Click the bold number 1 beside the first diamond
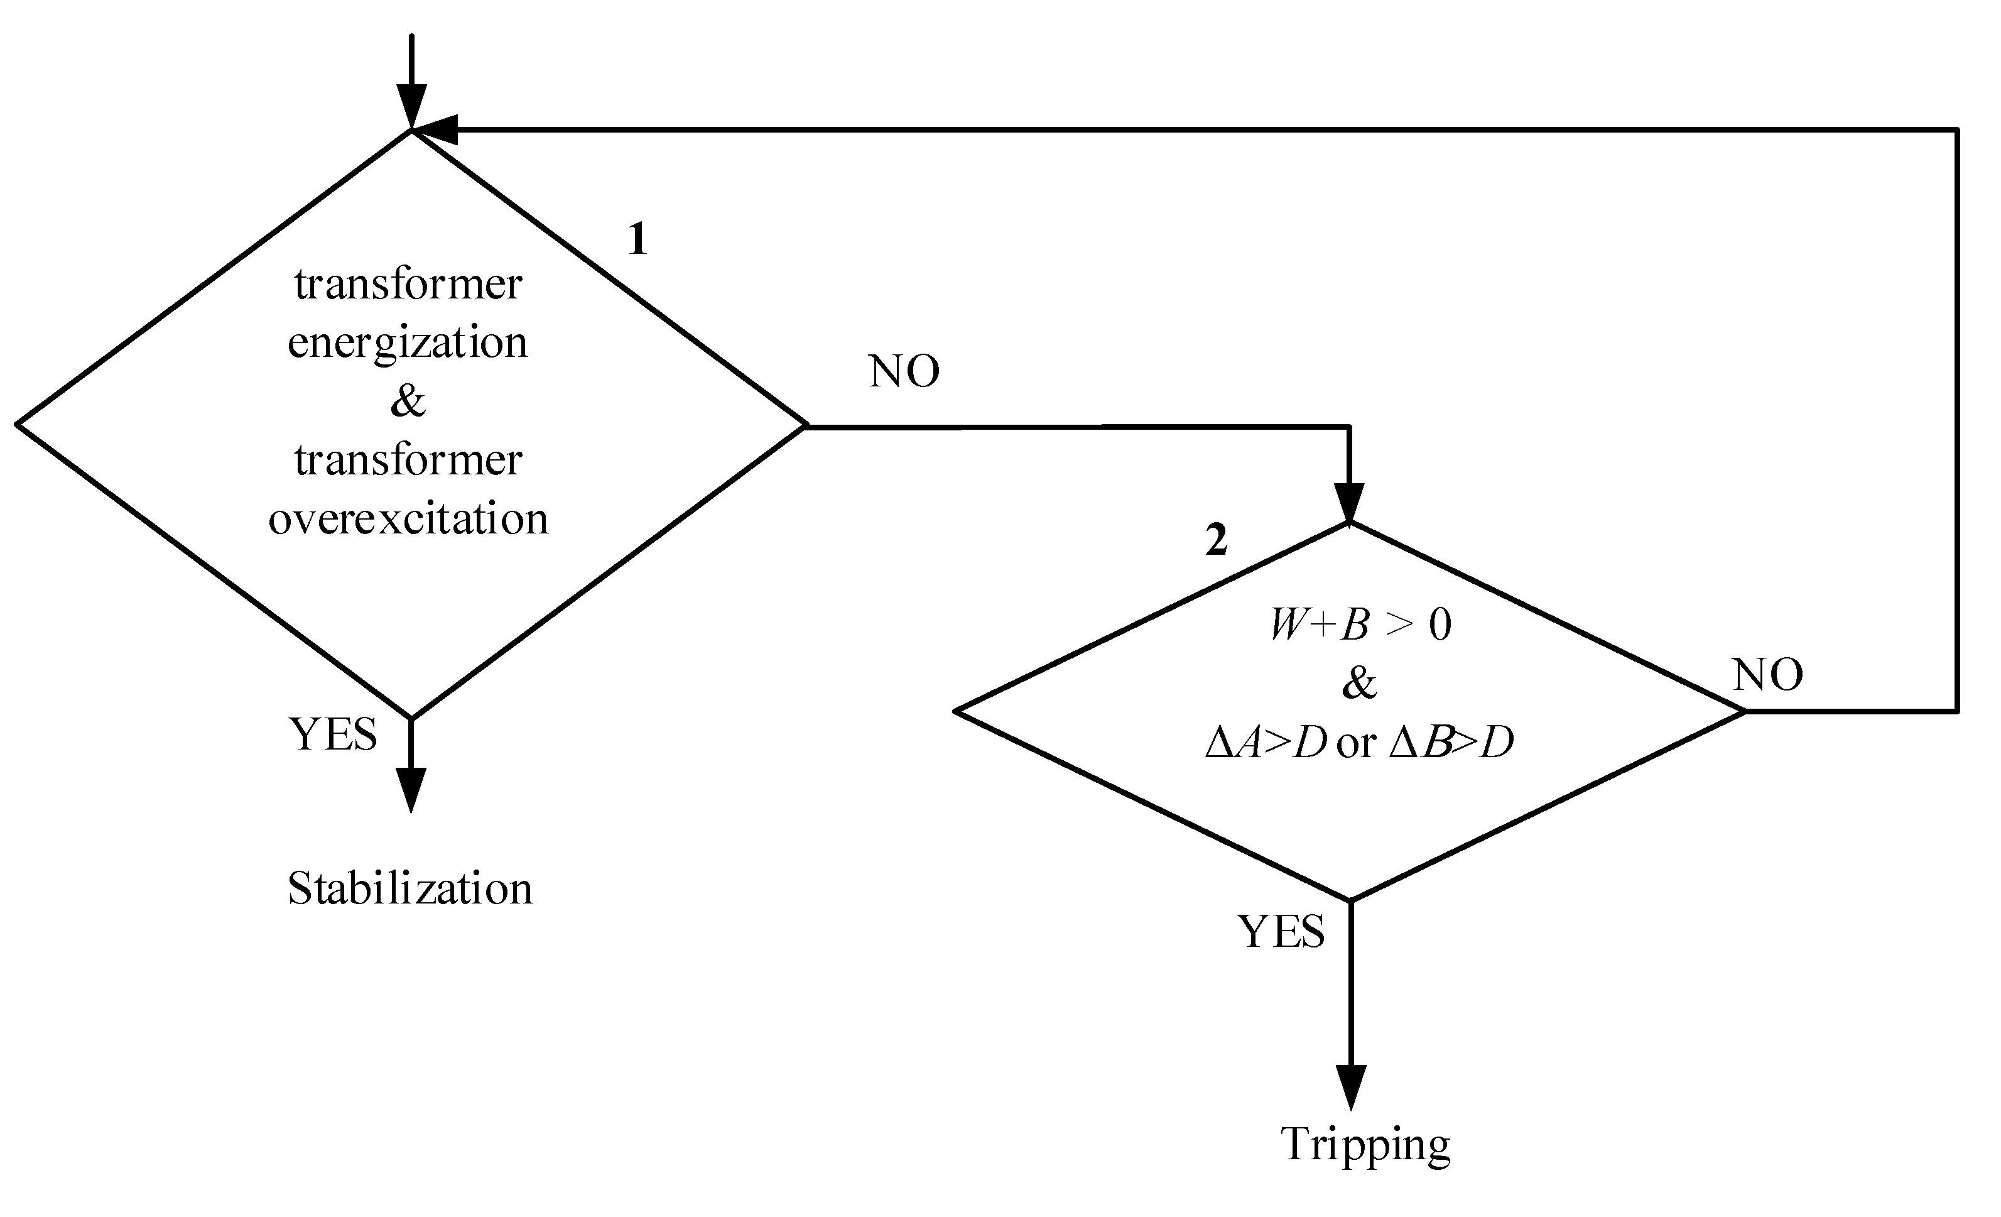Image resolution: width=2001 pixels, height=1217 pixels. pyautogui.click(x=637, y=239)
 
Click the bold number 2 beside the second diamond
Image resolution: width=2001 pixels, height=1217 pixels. pyautogui.click(x=1216, y=540)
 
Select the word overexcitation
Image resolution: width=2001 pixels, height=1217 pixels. pyautogui.click(x=408, y=518)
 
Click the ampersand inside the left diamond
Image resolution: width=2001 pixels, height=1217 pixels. pyautogui.click(x=408, y=400)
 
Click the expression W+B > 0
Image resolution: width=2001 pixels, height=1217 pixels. pyautogui.click(x=1360, y=625)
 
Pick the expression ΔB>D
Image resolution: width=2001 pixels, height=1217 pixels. pyautogui.click(x=1451, y=743)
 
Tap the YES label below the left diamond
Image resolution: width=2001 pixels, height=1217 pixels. pyautogui.click(x=333, y=734)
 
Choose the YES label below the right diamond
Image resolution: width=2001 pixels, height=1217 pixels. pyautogui.click(x=1281, y=931)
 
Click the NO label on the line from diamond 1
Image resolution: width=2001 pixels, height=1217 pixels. pyautogui.click(x=904, y=371)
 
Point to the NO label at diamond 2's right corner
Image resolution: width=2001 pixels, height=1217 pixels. pyautogui.click(x=1768, y=674)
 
